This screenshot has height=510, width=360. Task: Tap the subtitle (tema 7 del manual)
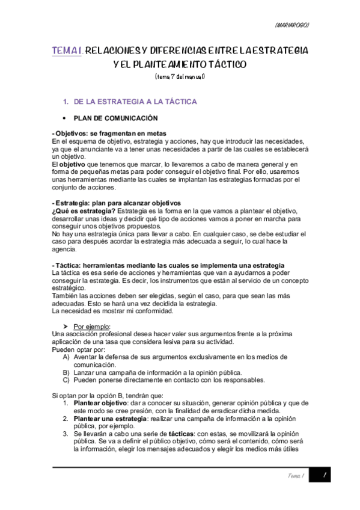(180, 76)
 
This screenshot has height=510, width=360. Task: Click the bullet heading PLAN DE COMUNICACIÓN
(115, 118)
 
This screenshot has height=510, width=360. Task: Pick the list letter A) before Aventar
(66, 358)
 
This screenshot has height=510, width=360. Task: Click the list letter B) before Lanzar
(66, 372)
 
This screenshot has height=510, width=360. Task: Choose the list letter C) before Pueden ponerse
(66, 379)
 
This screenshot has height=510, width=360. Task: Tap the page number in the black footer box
(325, 476)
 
